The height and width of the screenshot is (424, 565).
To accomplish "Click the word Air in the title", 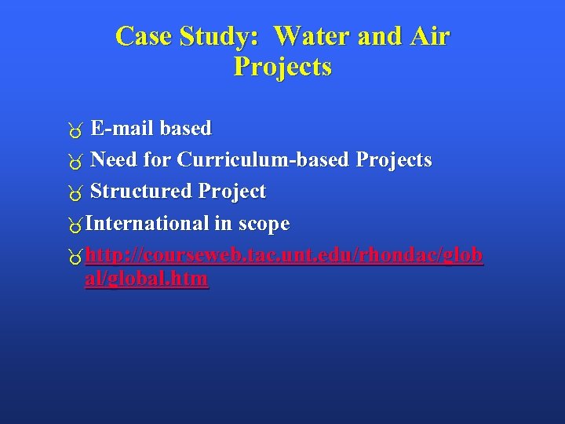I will [x=430, y=36].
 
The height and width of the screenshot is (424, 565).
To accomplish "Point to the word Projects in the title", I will [x=282, y=67].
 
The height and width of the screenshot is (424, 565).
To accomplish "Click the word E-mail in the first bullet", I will [x=122, y=128].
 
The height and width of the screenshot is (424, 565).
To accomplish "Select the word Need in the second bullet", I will [x=114, y=160].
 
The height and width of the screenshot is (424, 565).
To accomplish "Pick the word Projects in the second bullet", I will [x=393, y=160].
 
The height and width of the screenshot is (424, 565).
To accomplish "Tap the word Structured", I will [x=141, y=192].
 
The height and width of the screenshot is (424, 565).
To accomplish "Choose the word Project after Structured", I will [x=232, y=192].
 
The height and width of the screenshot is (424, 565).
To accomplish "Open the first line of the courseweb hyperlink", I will [x=284, y=256].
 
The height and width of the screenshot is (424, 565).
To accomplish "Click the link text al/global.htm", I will [x=146, y=279].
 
